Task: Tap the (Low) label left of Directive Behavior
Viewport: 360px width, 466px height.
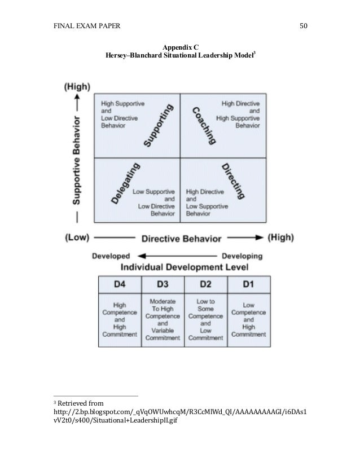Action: [77, 238]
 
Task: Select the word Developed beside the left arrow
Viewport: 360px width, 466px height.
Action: [112, 256]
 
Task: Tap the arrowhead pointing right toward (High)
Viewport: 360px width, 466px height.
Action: [260, 238]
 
